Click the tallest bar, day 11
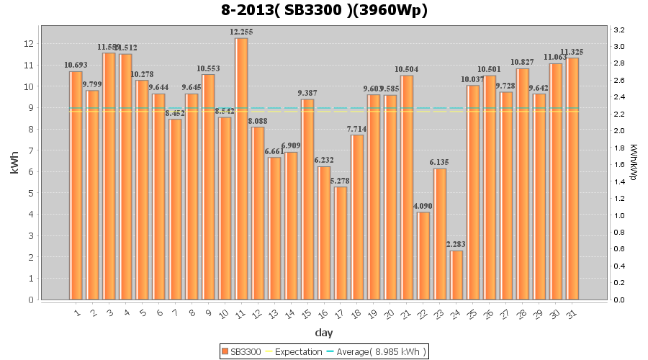tap(241, 169)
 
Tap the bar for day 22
tap(423, 256)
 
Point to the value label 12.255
tap(241, 32)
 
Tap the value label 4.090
tap(423, 206)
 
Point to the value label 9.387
tap(307, 93)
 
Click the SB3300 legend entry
tap(241, 351)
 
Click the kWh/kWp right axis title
tap(633, 163)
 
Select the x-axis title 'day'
tap(323, 333)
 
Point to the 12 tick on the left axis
tap(29, 44)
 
